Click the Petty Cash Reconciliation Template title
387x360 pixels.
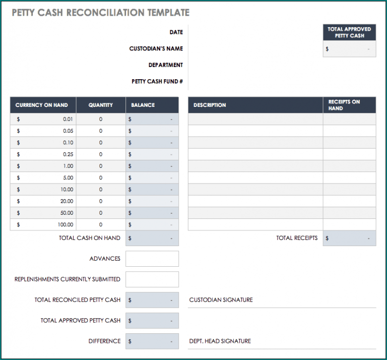[x=101, y=13]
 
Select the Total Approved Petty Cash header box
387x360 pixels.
[x=349, y=33]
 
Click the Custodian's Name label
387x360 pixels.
[x=156, y=49]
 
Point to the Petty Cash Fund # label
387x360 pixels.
[x=157, y=81]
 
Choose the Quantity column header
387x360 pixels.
[x=101, y=105]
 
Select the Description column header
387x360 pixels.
[x=255, y=105]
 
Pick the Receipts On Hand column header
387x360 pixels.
[x=349, y=105]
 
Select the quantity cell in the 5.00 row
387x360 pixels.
[x=101, y=177]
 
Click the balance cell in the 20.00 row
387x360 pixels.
[x=152, y=201]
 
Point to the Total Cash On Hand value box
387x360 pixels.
[x=152, y=238]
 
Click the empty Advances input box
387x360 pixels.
[x=152, y=259]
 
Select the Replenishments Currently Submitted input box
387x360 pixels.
[x=152, y=279]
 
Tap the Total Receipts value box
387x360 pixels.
[x=350, y=238]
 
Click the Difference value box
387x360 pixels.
[x=152, y=341]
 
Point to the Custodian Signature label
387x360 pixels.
[x=221, y=300]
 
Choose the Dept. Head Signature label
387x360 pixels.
[x=220, y=341]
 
